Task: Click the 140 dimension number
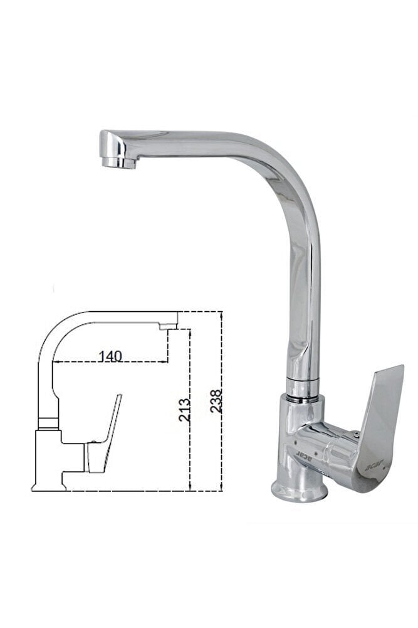coord(110,355)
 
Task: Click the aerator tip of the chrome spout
coord(119,162)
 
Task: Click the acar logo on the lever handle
coord(369,466)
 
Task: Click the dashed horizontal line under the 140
coord(110,363)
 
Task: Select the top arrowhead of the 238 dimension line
coord(222,314)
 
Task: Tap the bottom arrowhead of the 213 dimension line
coord(189,487)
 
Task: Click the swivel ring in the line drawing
coord(48,423)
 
